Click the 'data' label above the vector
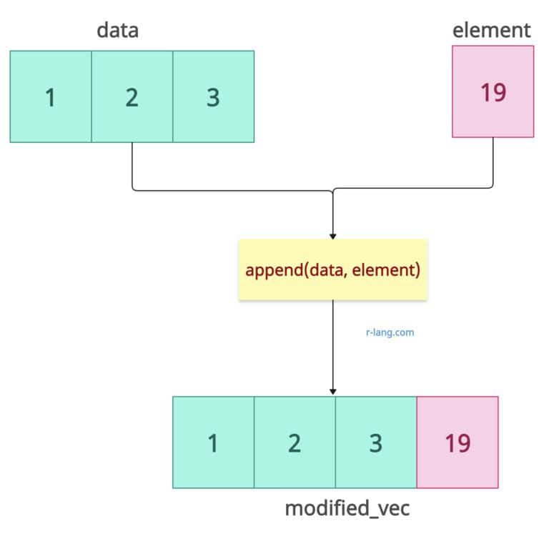[x=117, y=31]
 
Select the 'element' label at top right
[x=492, y=31]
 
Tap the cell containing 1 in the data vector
[x=51, y=97]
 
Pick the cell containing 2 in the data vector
[x=132, y=97]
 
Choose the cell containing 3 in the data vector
[x=213, y=97]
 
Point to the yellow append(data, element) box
[x=332, y=270]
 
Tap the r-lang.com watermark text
[x=390, y=332]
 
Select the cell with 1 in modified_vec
[x=213, y=442]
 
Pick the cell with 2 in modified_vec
[x=295, y=442]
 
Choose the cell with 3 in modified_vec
[x=376, y=442]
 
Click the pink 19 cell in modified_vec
[x=457, y=442]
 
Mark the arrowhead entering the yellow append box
[x=332, y=236]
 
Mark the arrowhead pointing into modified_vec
[x=332, y=392]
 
